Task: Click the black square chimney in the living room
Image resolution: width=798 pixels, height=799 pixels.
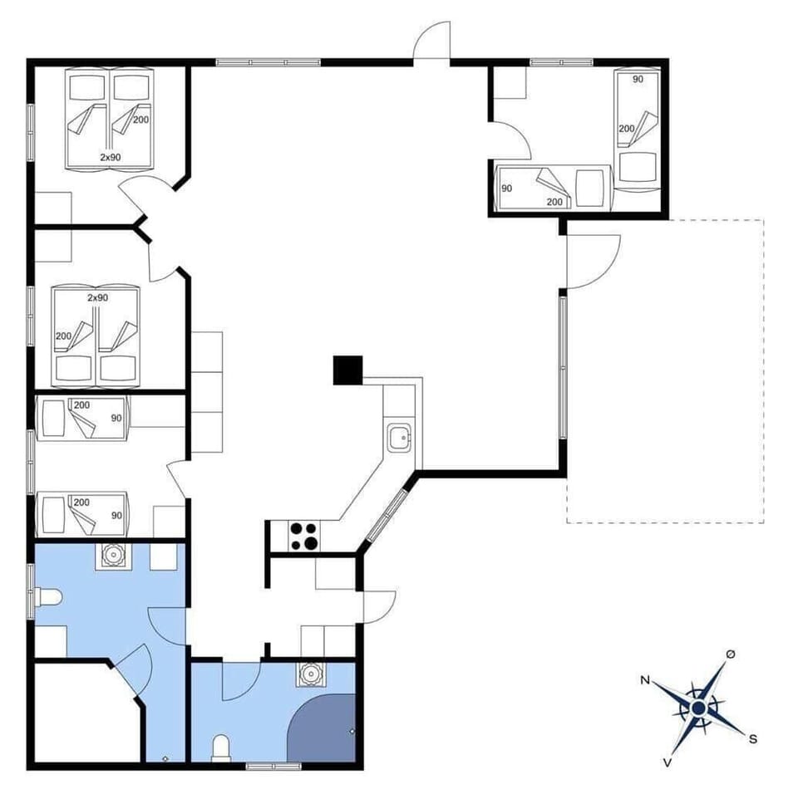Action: pyautogui.click(x=348, y=370)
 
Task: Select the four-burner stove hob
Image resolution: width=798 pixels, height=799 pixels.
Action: pyautogui.click(x=303, y=536)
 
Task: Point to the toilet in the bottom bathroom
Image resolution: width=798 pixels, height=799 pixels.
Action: pyautogui.click(x=221, y=747)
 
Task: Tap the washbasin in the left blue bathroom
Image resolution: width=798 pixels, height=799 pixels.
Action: pyautogui.click(x=111, y=555)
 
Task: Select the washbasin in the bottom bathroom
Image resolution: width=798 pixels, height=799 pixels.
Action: pyautogui.click(x=312, y=674)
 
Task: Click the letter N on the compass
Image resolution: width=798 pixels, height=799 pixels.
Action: pyautogui.click(x=644, y=680)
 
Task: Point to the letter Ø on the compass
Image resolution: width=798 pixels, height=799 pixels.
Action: pyautogui.click(x=730, y=655)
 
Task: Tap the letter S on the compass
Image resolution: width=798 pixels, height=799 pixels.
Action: pyautogui.click(x=753, y=738)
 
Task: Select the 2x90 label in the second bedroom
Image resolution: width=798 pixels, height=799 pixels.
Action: pyautogui.click(x=98, y=297)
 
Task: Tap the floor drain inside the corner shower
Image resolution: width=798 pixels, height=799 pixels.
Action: pyautogui.click(x=352, y=731)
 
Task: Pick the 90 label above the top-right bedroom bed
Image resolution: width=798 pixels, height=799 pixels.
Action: pyautogui.click(x=638, y=79)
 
